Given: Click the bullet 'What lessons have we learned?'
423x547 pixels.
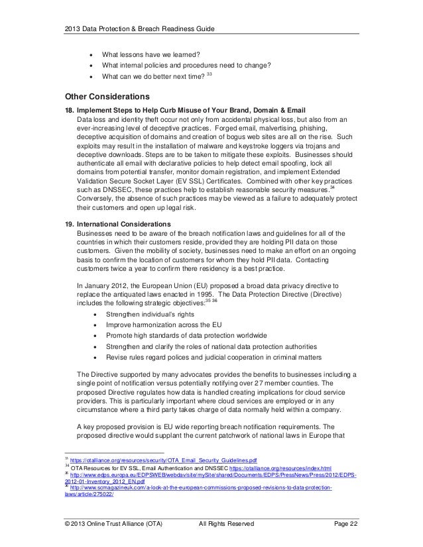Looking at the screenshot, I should click(152, 54).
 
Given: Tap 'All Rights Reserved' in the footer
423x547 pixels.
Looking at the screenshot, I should click(227, 524).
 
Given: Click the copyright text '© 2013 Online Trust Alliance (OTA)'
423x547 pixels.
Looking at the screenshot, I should click(111, 524).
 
